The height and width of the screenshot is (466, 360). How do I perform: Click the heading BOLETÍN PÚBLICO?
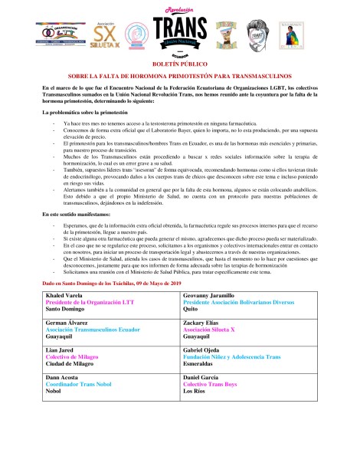(x=181, y=67)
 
